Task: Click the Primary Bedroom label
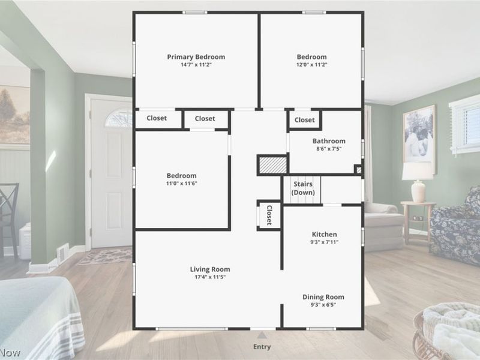(196, 57)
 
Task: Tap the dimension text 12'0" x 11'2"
(311, 65)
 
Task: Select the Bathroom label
(329, 141)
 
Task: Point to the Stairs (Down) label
(303, 188)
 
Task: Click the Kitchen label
(324, 235)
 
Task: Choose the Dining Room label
(323, 297)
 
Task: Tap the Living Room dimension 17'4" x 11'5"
(209, 277)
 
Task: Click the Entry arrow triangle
(262, 335)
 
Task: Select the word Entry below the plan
(262, 347)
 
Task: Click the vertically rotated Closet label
(269, 215)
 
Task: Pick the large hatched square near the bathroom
(273, 165)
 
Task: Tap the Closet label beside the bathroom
(305, 120)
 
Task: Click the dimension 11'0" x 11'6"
(182, 184)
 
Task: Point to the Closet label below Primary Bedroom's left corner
(157, 118)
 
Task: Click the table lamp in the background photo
(418, 182)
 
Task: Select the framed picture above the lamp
(419, 134)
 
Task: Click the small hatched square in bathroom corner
(358, 170)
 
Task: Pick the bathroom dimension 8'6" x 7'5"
(329, 149)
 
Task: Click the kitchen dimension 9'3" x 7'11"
(324, 242)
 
